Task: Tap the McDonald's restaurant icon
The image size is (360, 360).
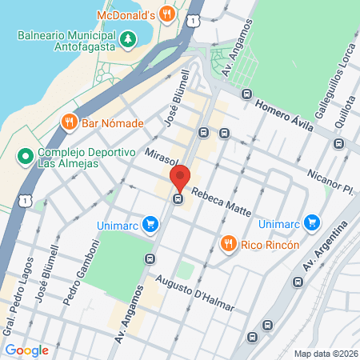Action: pyautogui.click(x=166, y=13)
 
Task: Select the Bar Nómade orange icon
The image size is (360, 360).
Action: pyautogui.click(x=70, y=123)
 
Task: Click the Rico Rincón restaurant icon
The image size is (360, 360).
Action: pyautogui.click(x=229, y=243)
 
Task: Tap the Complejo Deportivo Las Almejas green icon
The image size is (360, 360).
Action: pyautogui.click(x=26, y=154)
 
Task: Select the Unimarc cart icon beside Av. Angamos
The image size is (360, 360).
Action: pyautogui.click(x=149, y=223)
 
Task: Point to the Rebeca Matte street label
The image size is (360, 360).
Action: pyautogui.click(x=222, y=203)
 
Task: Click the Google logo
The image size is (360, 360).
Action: pyautogui.click(x=26, y=350)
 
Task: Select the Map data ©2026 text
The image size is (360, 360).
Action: pyautogui.click(x=326, y=354)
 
